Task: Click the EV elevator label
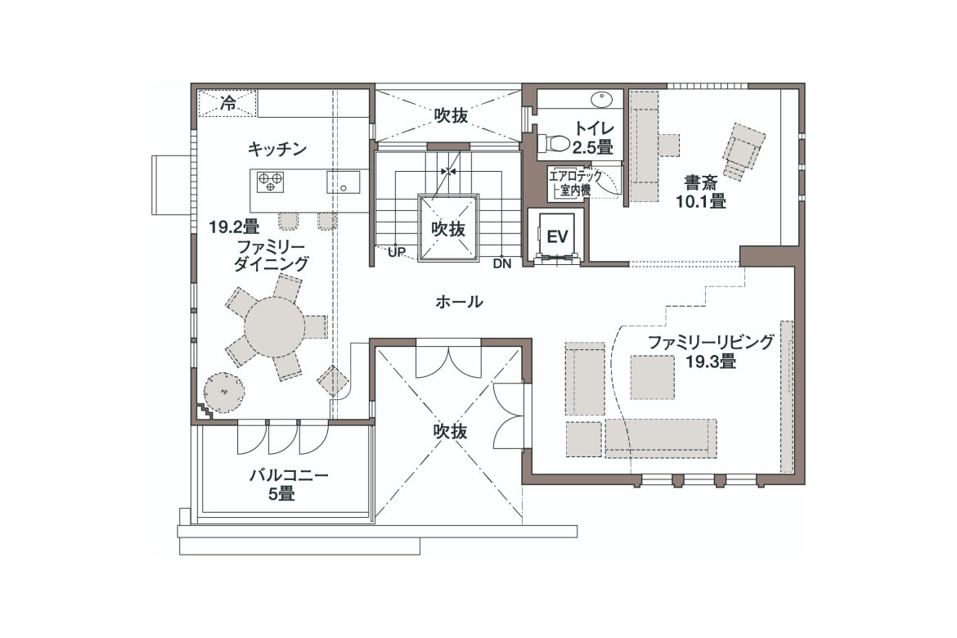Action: tap(557, 236)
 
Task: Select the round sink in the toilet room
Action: tap(602, 97)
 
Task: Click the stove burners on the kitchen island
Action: tap(271, 182)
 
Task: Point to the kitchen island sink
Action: tap(343, 182)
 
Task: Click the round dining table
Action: tap(274, 327)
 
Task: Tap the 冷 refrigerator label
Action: tap(228, 102)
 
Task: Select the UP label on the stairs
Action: tap(397, 252)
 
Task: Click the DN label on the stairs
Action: tap(502, 263)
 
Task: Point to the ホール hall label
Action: tap(459, 302)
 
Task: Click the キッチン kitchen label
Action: tap(277, 149)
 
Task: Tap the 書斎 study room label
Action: tap(701, 182)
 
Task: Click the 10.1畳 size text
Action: tap(701, 201)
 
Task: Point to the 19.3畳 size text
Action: tap(711, 361)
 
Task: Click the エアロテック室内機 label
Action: tap(575, 182)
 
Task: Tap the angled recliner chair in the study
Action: tap(742, 152)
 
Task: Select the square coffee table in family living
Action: tap(653, 377)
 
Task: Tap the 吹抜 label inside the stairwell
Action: tap(448, 229)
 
